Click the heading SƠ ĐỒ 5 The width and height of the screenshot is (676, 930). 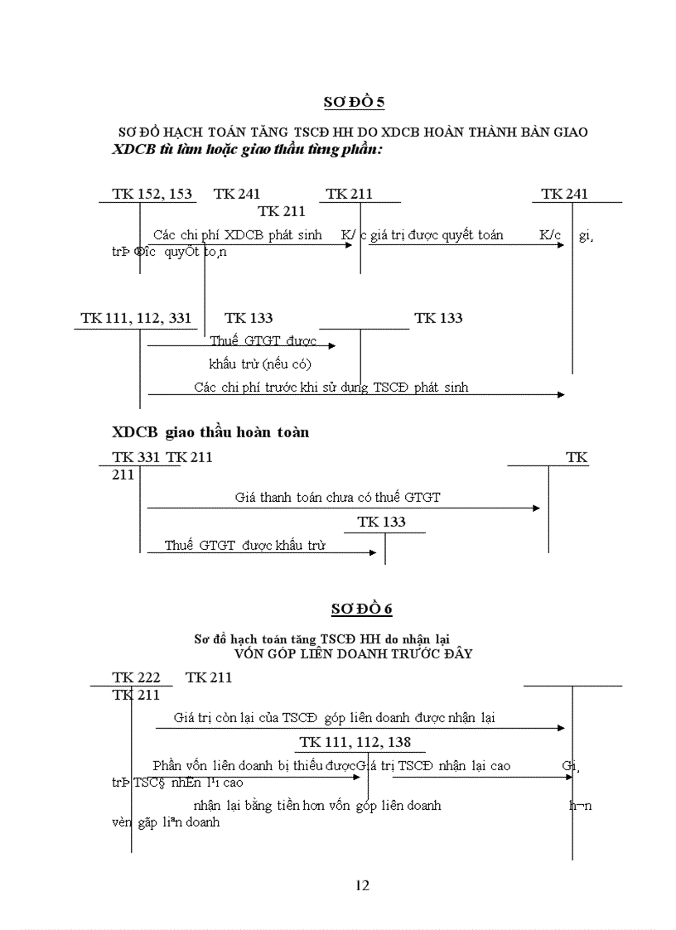pos(354,103)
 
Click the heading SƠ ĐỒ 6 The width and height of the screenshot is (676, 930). pos(361,609)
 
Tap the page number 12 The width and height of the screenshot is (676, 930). pos(362,885)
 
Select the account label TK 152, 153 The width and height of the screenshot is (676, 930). pos(152,195)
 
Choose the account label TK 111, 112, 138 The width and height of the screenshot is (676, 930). pos(355,742)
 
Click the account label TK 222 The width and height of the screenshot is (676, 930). pos(136,677)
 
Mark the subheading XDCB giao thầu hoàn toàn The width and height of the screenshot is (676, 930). pos(210,432)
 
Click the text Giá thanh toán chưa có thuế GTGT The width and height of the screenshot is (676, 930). pos(337,497)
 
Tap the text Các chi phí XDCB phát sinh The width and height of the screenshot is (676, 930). pos(238,235)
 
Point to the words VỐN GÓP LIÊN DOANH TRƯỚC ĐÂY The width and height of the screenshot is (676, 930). pos(353,653)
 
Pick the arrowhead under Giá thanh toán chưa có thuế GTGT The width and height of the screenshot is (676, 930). pos(536,508)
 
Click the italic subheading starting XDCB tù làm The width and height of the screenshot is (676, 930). pos(247,150)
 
